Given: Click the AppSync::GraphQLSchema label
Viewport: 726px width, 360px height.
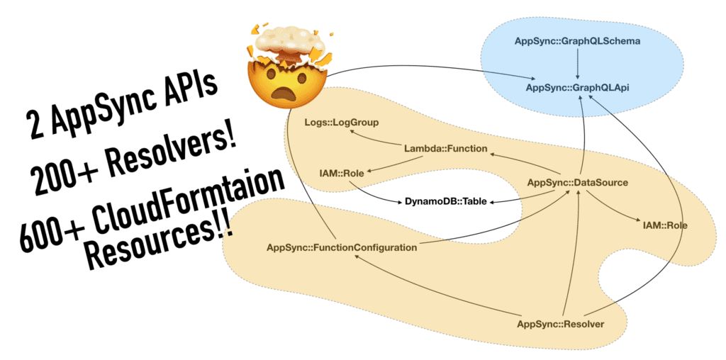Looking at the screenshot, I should pyautogui.click(x=577, y=41).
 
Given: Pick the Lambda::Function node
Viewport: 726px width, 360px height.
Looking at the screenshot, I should pyautogui.click(x=445, y=149).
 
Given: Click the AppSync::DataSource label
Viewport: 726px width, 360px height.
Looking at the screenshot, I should pyautogui.click(x=577, y=183).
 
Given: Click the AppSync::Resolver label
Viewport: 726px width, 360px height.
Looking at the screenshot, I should pyautogui.click(x=560, y=325).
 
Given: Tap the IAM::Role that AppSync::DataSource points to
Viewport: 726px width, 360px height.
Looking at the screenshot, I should pyautogui.click(x=664, y=225).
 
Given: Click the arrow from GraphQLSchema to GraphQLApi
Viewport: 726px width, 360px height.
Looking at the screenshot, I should pyautogui.click(x=578, y=64).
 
